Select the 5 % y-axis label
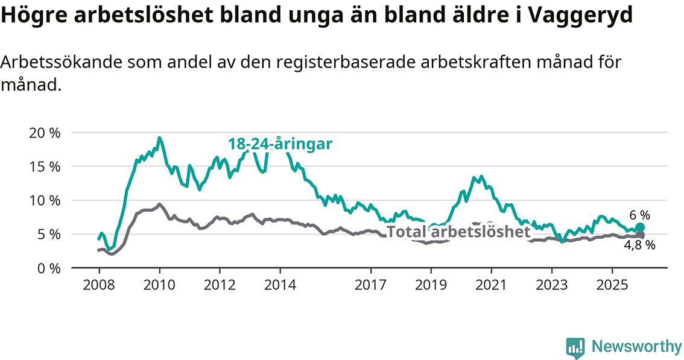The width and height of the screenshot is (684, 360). [48, 234]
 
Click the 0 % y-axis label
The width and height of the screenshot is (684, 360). [48, 268]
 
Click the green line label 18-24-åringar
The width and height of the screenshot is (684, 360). [280, 144]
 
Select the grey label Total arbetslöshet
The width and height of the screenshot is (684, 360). [458, 232]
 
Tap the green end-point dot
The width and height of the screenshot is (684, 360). [640, 227]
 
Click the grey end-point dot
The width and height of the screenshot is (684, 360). [640, 235]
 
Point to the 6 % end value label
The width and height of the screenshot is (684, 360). [640, 215]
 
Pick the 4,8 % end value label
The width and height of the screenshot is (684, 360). [640, 246]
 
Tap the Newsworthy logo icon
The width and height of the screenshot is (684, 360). [575, 346]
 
